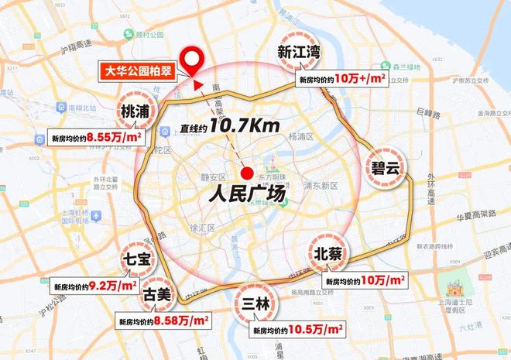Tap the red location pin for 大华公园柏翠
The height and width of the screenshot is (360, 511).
[191, 57]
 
